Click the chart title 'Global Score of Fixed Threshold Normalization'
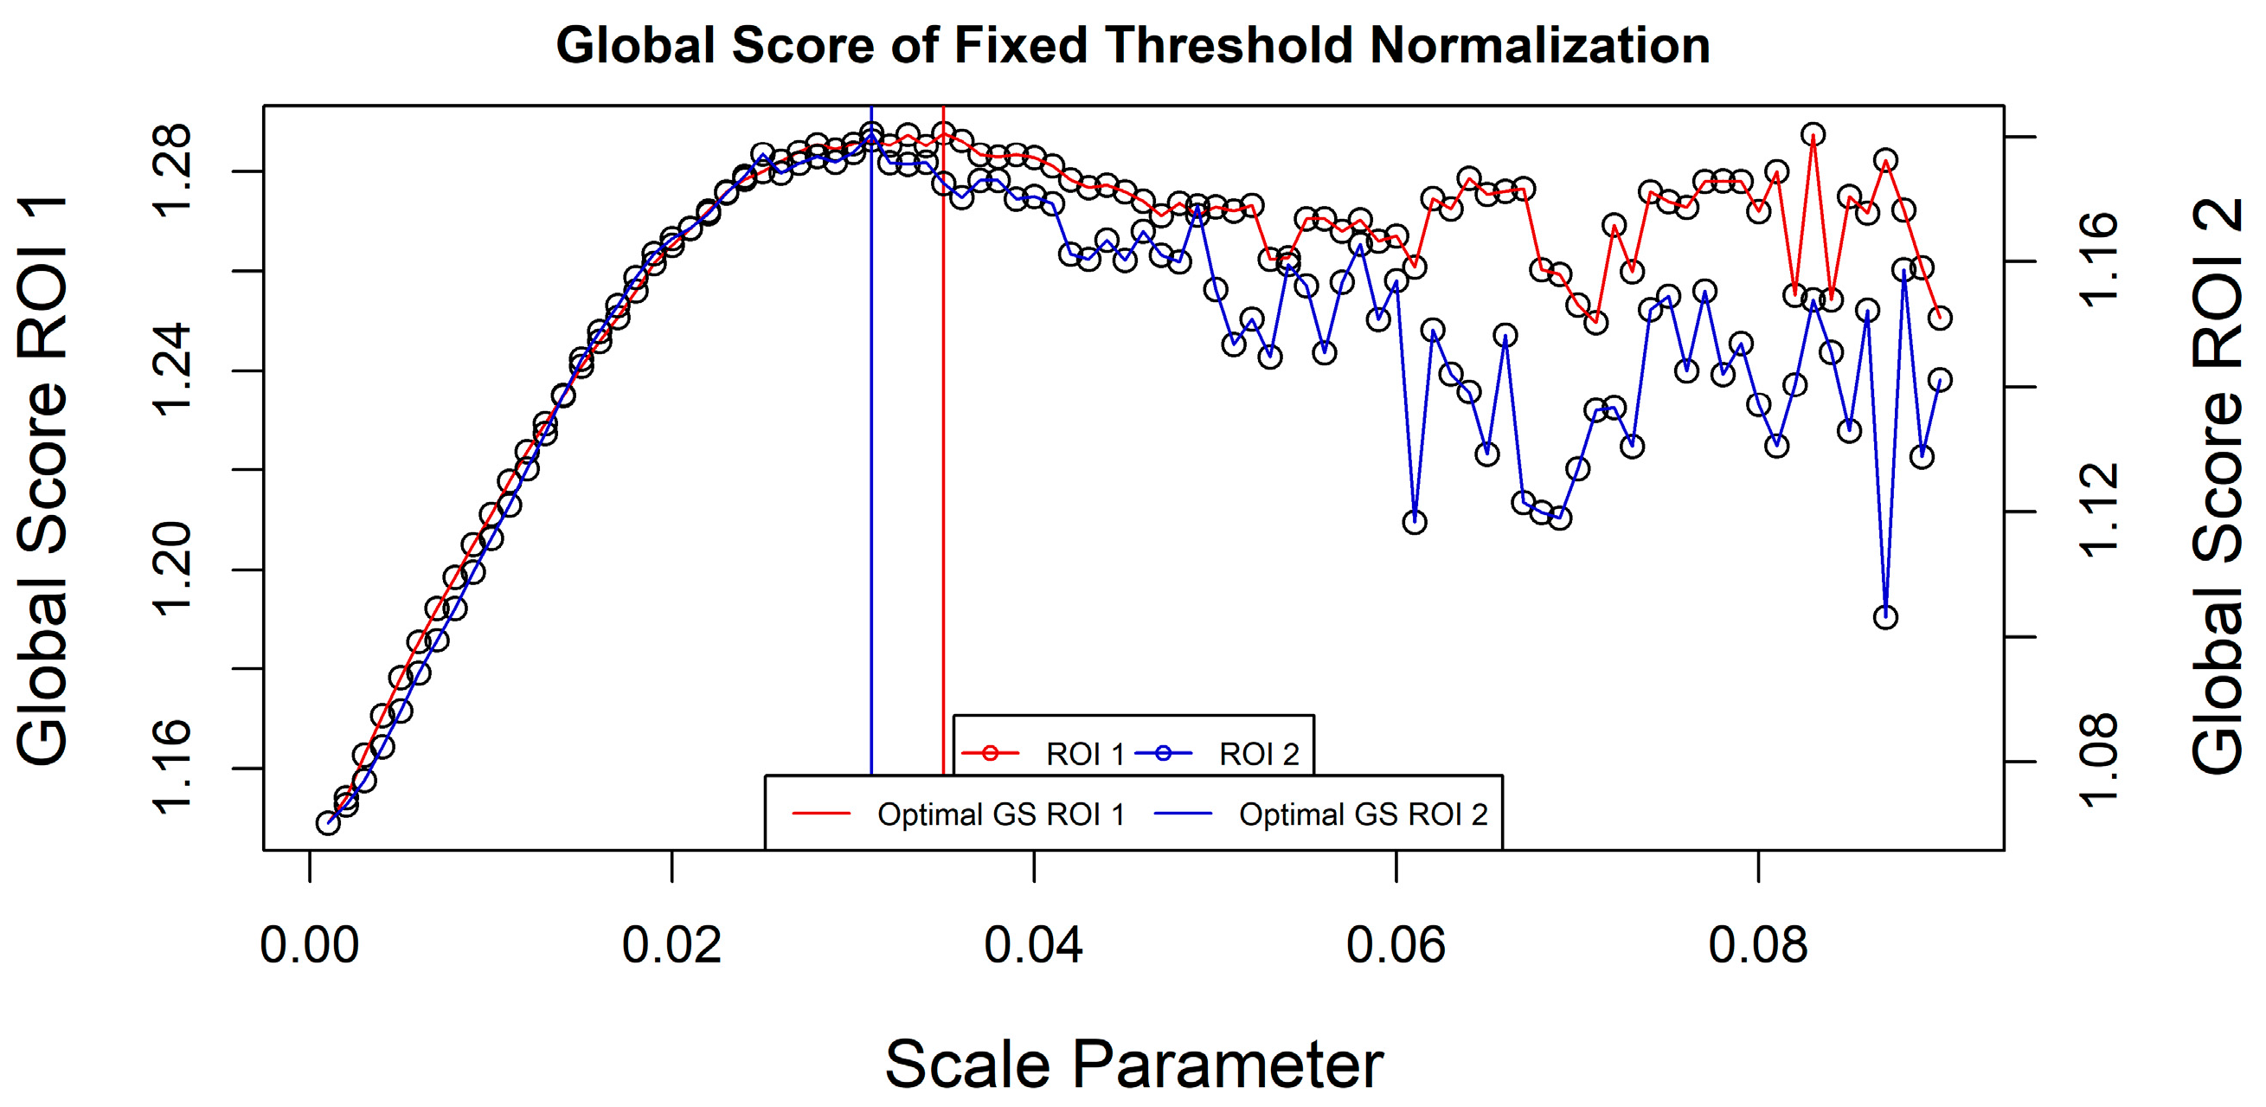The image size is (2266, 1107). point(1133,46)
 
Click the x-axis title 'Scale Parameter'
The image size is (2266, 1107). point(1133,1063)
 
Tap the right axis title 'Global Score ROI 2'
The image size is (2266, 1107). point(2218,486)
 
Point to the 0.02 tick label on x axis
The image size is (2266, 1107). point(671,946)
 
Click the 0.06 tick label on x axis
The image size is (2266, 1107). point(1395,946)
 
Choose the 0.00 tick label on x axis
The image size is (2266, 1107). point(310,946)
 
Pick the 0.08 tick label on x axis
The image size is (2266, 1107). point(1757,946)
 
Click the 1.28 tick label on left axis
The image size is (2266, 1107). point(171,170)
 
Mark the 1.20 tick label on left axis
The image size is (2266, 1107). point(171,569)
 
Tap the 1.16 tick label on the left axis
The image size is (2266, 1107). point(171,768)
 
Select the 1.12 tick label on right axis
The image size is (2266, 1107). point(2100,512)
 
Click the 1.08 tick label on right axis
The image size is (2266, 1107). point(2100,761)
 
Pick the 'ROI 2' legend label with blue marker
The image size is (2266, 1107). point(1258,754)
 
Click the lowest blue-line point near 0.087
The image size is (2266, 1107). point(1885,617)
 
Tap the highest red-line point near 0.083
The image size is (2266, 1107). point(1812,135)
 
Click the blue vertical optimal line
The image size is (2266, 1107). point(871,440)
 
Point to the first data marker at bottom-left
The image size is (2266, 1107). point(328,823)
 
